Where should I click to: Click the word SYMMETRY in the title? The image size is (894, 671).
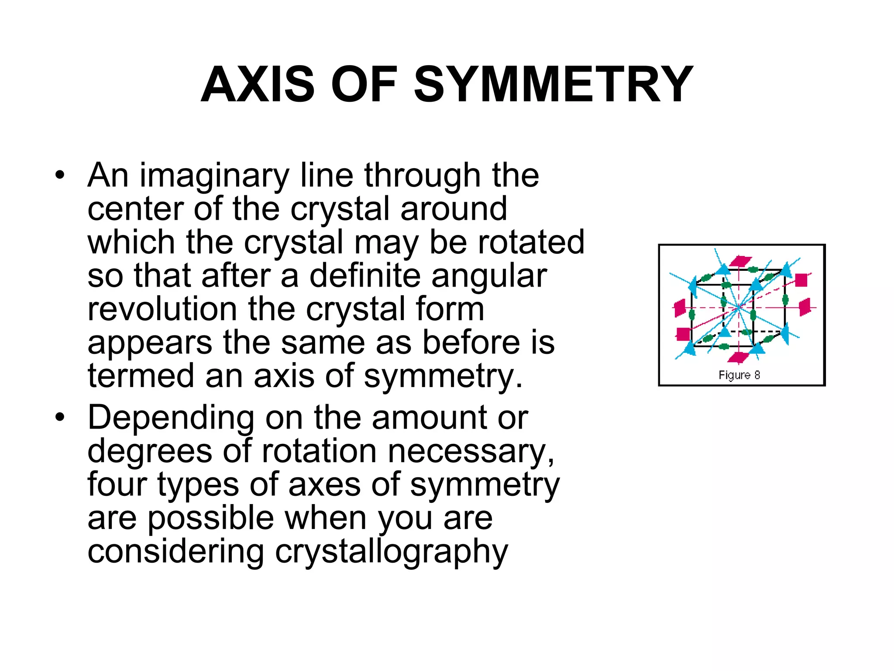point(553,84)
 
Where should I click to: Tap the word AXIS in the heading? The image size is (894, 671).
point(258,84)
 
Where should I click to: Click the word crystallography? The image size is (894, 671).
point(391,552)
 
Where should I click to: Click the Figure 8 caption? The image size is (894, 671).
point(739,375)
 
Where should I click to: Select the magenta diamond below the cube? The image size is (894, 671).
point(738,357)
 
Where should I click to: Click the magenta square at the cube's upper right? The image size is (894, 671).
point(801,280)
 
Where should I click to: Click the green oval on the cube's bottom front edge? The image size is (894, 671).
point(724,346)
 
